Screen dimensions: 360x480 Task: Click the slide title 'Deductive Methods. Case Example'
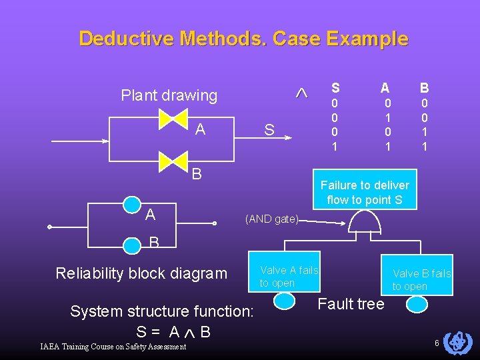pyautogui.click(x=243, y=38)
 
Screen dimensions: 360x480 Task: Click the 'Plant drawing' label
pyautogui.click(x=169, y=95)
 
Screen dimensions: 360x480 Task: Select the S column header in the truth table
pyautogui.click(x=335, y=87)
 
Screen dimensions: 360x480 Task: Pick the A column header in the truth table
pyautogui.click(x=385, y=87)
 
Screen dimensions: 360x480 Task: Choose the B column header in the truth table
pyautogui.click(x=424, y=87)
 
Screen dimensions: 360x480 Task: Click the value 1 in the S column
pyautogui.click(x=335, y=145)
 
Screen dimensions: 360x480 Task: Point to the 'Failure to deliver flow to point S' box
pyautogui.click(x=365, y=193)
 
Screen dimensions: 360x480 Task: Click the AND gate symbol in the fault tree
pyautogui.click(x=365, y=222)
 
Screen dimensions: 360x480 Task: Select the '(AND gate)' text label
pyautogui.click(x=272, y=218)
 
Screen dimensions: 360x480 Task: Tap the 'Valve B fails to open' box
pyautogui.click(x=421, y=279)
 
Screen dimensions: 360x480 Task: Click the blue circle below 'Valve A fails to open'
pyautogui.click(x=285, y=301)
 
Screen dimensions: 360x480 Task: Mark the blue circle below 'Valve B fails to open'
pyautogui.click(x=418, y=304)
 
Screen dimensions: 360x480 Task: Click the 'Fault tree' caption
pyautogui.click(x=351, y=305)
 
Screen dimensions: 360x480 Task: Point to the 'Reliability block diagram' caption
pyautogui.click(x=141, y=273)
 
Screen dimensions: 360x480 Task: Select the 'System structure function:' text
pyautogui.click(x=162, y=311)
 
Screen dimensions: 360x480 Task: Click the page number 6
pyautogui.click(x=436, y=343)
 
